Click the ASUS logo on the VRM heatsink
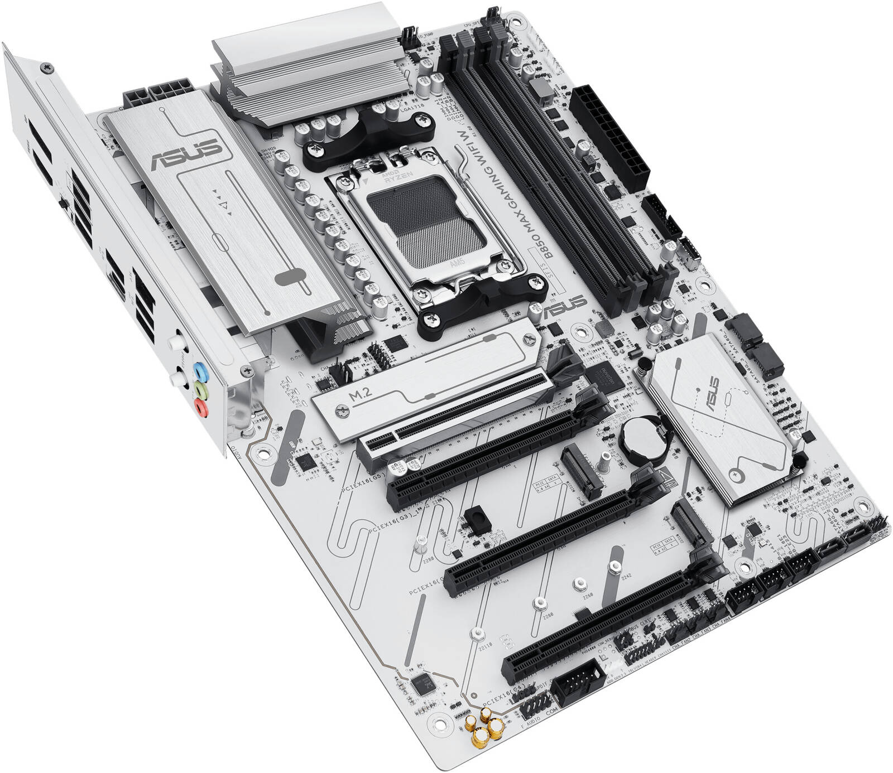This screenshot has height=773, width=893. click(x=184, y=153)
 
